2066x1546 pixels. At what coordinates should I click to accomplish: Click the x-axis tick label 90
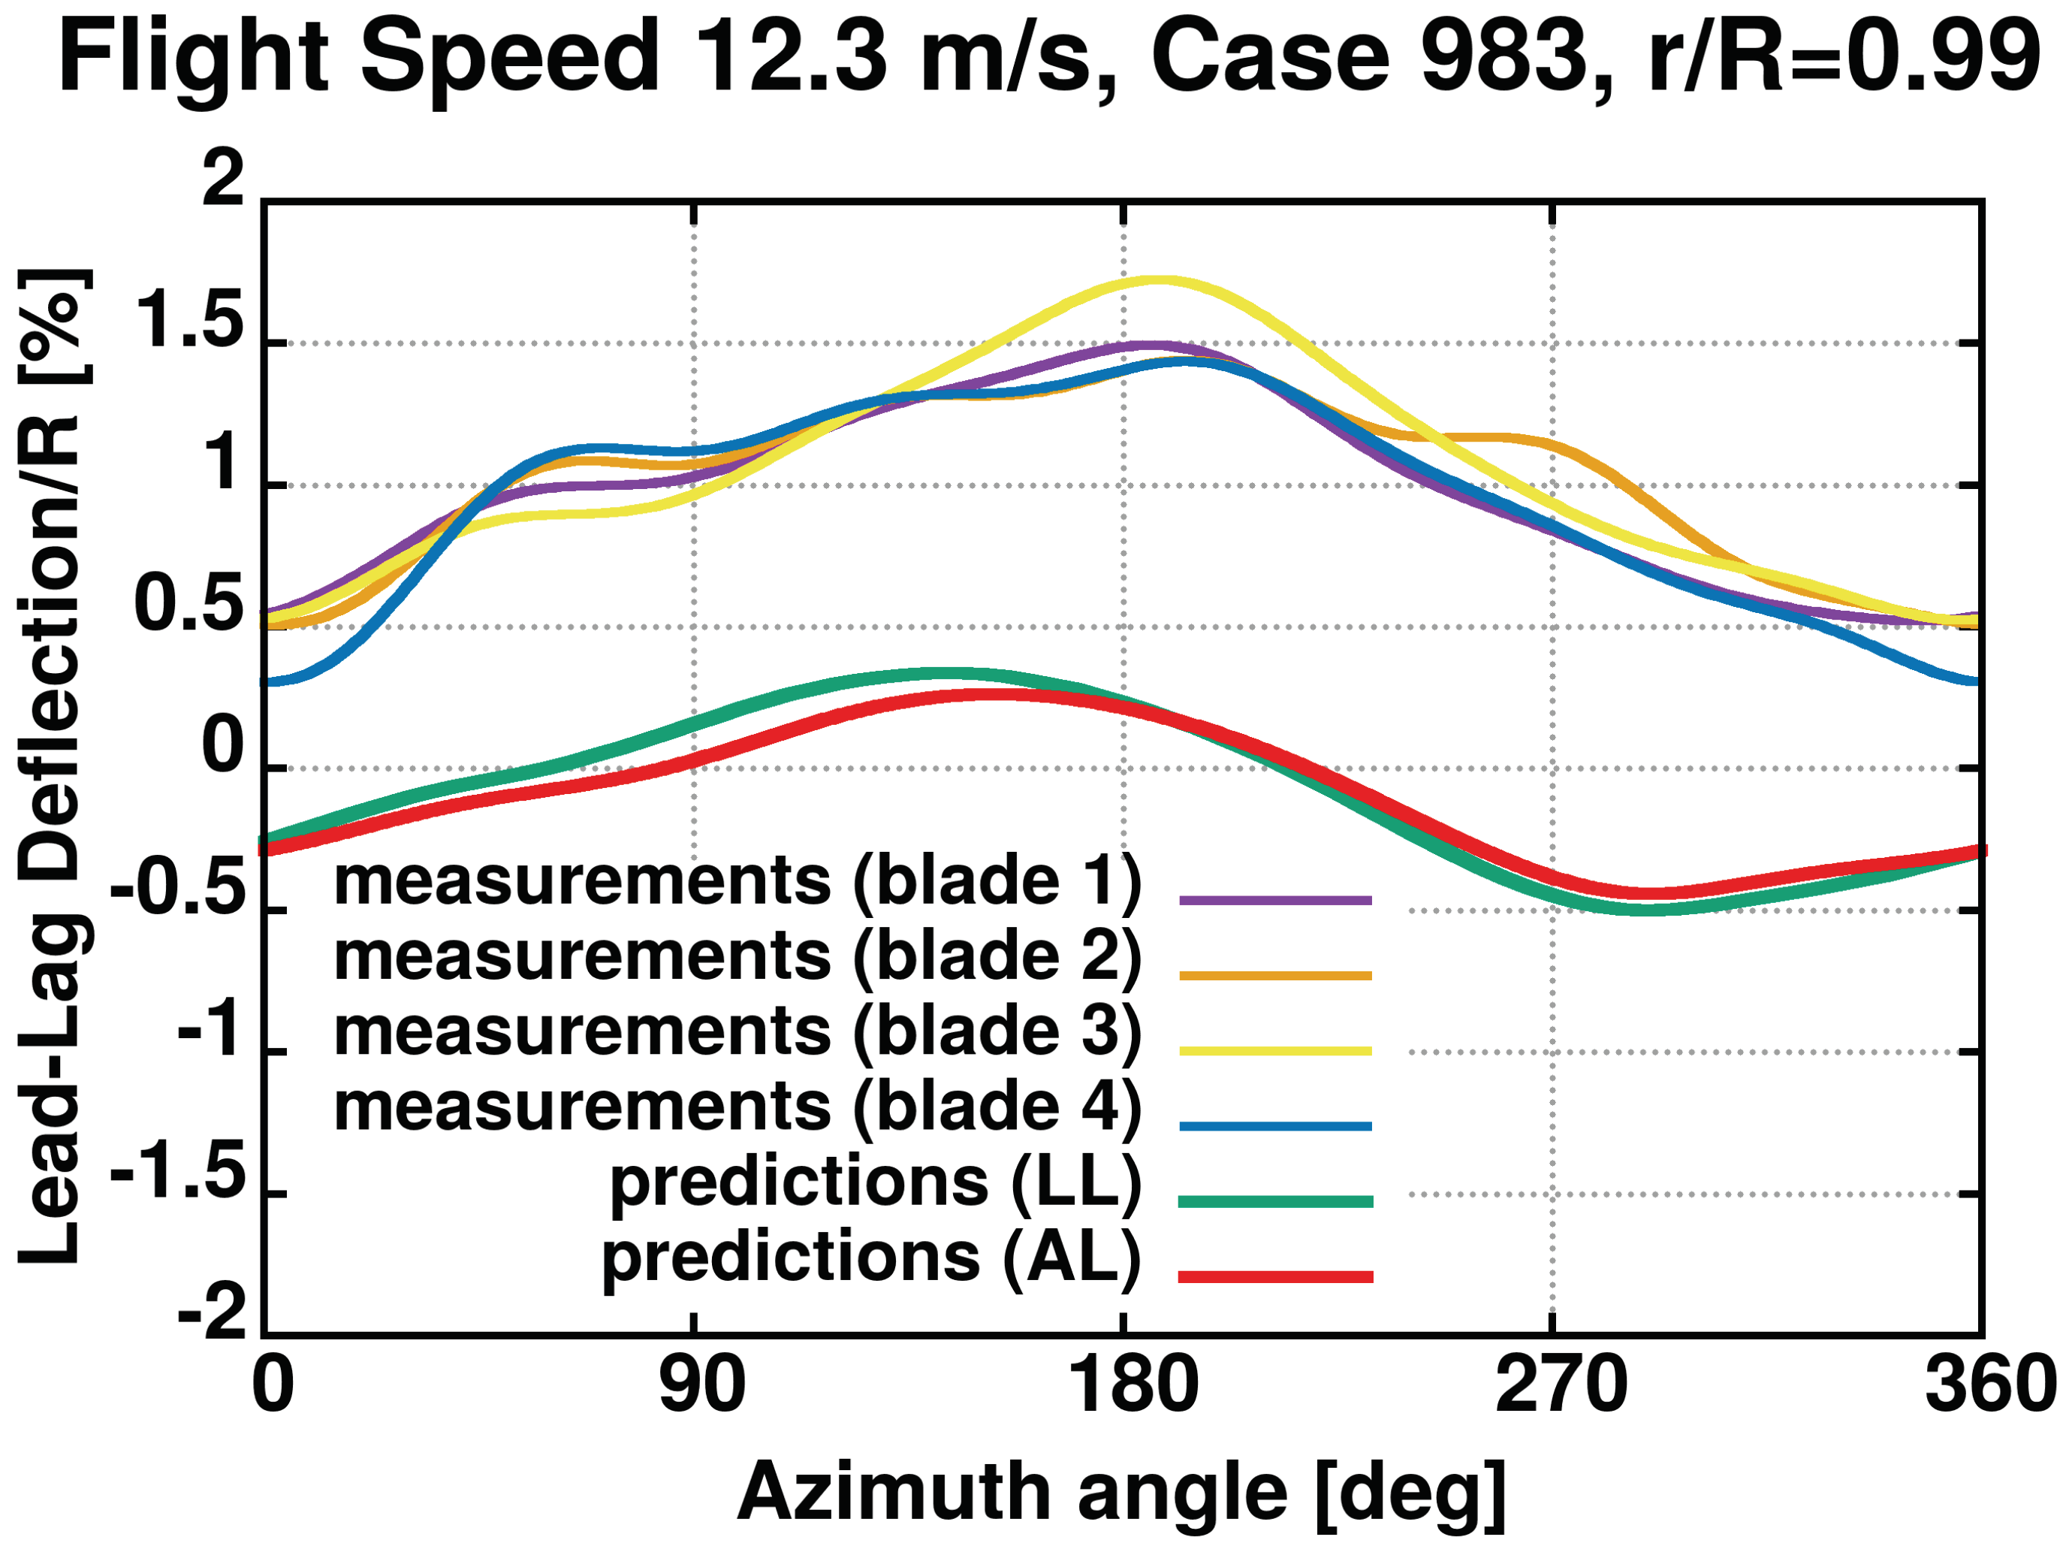click(701, 1385)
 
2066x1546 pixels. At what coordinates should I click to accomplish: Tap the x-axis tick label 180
click(1132, 1385)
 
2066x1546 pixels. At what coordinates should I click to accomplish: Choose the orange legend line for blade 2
click(1275, 976)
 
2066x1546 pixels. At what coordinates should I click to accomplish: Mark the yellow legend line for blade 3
click(1275, 1051)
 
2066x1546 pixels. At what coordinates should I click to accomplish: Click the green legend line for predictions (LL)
click(1275, 1201)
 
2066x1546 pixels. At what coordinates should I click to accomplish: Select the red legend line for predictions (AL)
click(1275, 1277)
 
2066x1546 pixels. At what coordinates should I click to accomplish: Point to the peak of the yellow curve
click(1158, 279)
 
